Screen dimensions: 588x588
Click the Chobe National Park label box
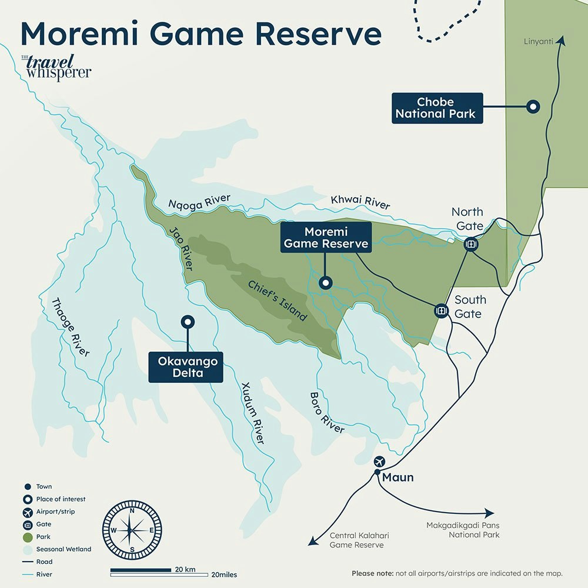[x=437, y=108]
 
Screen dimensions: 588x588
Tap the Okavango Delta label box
[x=186, y=367]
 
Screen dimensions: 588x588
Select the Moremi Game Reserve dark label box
[x=326, y=237]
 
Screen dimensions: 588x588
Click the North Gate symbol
[x=470, y=244]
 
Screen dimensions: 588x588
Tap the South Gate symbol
[x=441, y=311]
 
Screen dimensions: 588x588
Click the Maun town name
[x=398, y=477]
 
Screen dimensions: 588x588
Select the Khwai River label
[x=360, y=202]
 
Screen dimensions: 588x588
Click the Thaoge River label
[x=71, y=328]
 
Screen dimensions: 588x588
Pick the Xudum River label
[x=253, y=413]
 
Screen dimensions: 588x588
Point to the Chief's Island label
[x=277, y=300]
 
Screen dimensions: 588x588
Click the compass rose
[x=132, y=529]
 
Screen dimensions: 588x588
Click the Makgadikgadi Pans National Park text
[x=466, y=530]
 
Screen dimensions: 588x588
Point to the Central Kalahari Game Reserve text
[x=359, y=540]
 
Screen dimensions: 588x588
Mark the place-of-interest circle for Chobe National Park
[x=533, y=106]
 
